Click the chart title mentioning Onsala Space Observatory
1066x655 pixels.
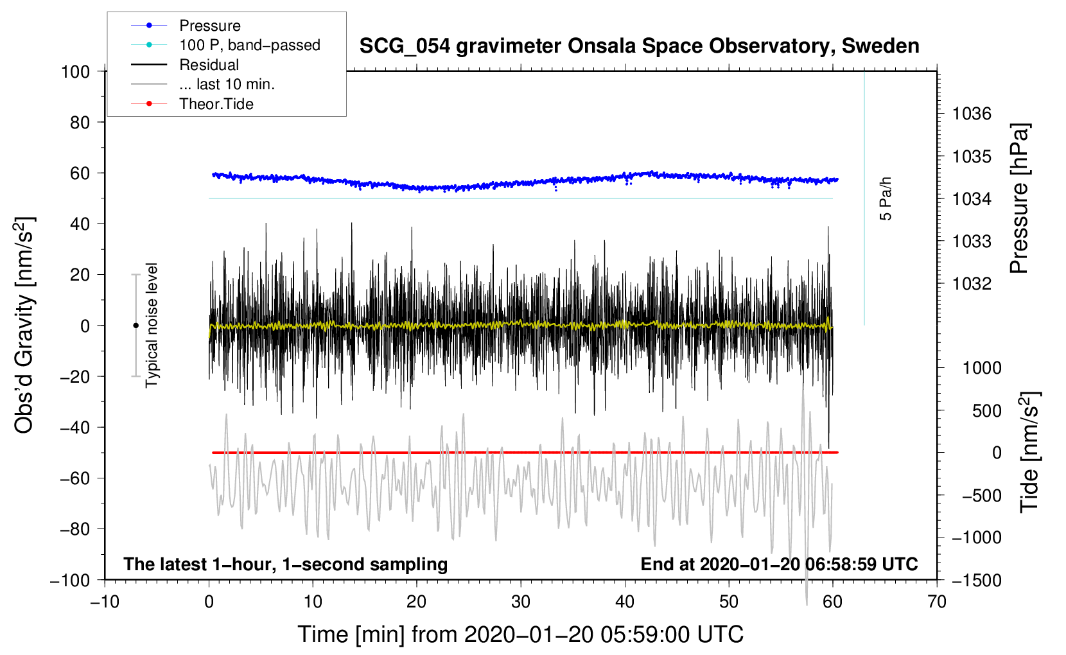point(639,46)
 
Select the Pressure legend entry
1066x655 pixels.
point(209,26)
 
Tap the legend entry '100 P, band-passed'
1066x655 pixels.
point(249,45)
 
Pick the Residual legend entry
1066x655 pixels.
point(209,65)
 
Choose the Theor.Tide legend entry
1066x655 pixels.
point(216,104)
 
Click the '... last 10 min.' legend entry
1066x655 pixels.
point(227,84)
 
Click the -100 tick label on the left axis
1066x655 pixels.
point(71,580)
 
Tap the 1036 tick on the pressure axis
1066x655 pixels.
point(972,114)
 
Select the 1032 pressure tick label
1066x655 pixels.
point(972,284)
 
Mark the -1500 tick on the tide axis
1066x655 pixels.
point(976,580)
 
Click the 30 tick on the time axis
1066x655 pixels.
point(521,602)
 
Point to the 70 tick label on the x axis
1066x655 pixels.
point(937,602)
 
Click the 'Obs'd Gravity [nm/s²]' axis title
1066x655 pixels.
point(24,325)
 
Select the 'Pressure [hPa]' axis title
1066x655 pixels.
point(1019,198)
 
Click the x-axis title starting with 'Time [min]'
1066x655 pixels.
point(520,634)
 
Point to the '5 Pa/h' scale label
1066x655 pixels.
point(886,198)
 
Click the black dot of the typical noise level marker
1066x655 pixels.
point(135,326)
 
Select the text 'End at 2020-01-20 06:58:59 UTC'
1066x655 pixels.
point(779,564)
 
